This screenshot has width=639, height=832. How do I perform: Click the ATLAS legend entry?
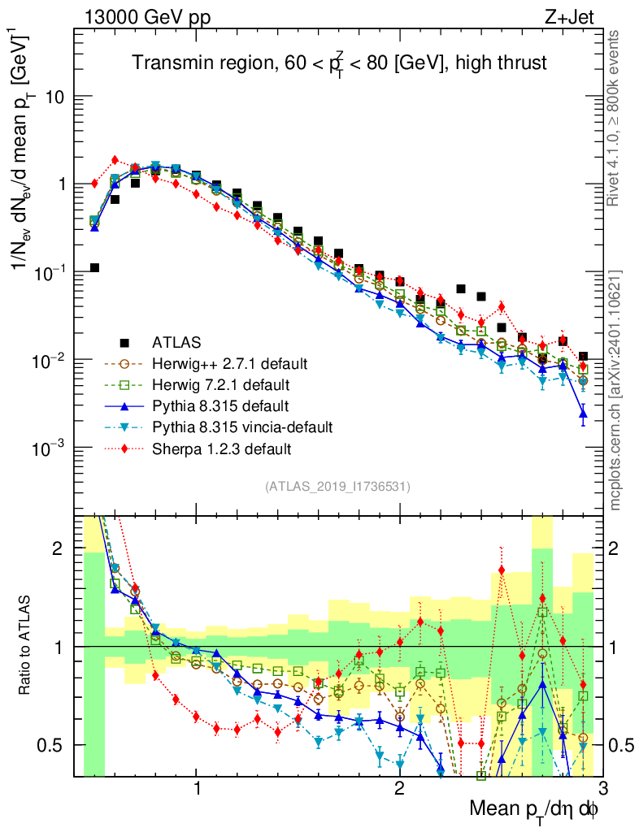pyautogui.click(x=174, y=342)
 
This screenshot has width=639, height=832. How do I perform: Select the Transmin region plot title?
pyautogui.click(x=339, y=63)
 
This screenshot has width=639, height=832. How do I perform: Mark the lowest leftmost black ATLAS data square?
pyautogui.click(x=94, y=267)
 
